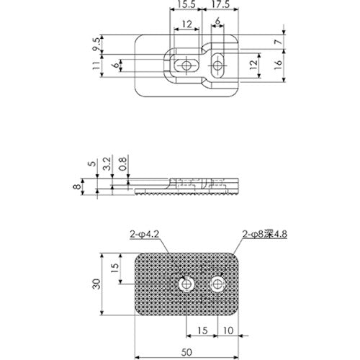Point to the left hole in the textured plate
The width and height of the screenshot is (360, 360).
[187, 285]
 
